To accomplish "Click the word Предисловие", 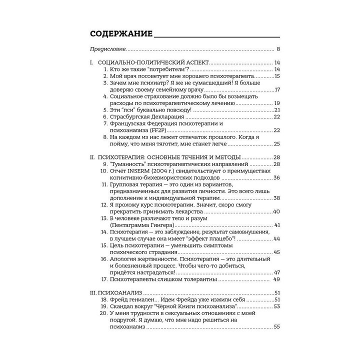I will (x=107, y=49).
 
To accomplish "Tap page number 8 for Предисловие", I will (x=278, y=49).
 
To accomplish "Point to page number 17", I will (x=276, y=89).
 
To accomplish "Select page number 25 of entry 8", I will (x=276, y=144).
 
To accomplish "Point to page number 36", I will (x=276, y=177).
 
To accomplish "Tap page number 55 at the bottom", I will (x=276, y=326).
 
